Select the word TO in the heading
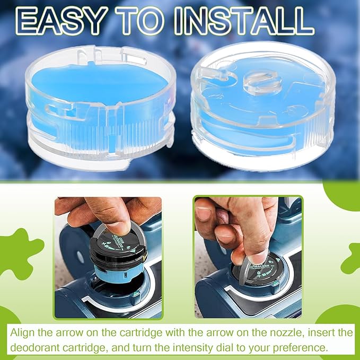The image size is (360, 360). [140, 21]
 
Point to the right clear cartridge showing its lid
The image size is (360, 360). [263, 106]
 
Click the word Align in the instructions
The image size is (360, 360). [22, 333]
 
